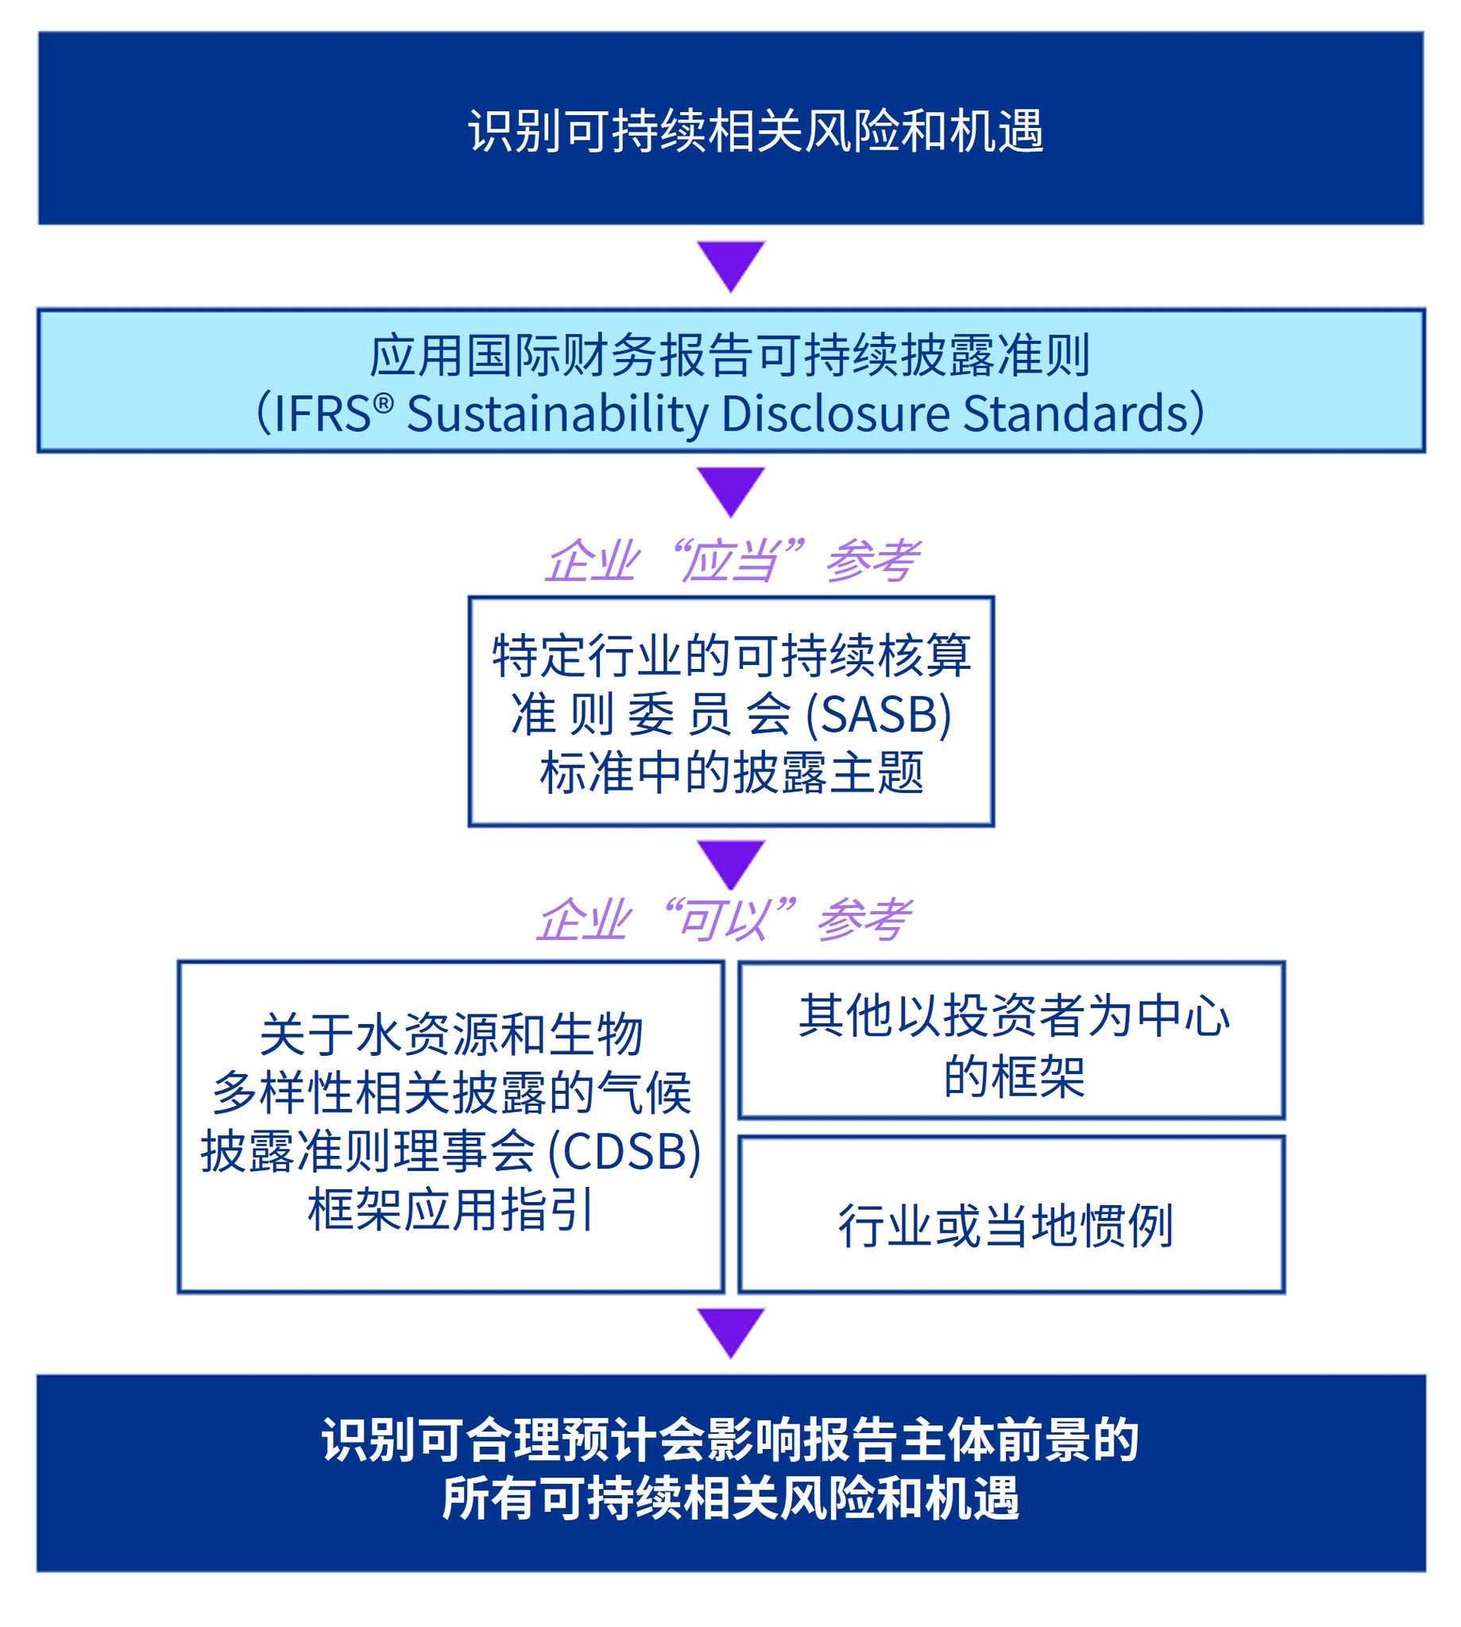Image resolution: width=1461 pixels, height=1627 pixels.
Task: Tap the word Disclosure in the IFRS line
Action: [x=835, y=414]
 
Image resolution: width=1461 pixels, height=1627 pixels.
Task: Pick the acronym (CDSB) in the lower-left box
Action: [x=624, y=1152]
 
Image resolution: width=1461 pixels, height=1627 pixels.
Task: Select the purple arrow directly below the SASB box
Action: [x=731, y=864]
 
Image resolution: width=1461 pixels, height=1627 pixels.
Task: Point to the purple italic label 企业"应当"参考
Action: [x=731, y=561]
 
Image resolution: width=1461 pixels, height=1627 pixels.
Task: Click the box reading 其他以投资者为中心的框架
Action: [x=1011, y=1044]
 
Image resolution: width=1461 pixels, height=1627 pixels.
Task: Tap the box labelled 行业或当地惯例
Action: [x=1005, y=1226]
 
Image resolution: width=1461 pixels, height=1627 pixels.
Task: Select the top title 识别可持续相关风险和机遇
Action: [x=756, y=131]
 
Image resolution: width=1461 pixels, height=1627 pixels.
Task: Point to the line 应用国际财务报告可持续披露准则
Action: [x=729, y=356]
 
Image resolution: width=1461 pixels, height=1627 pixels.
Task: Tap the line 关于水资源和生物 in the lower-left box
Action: [x=451, y=1034]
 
